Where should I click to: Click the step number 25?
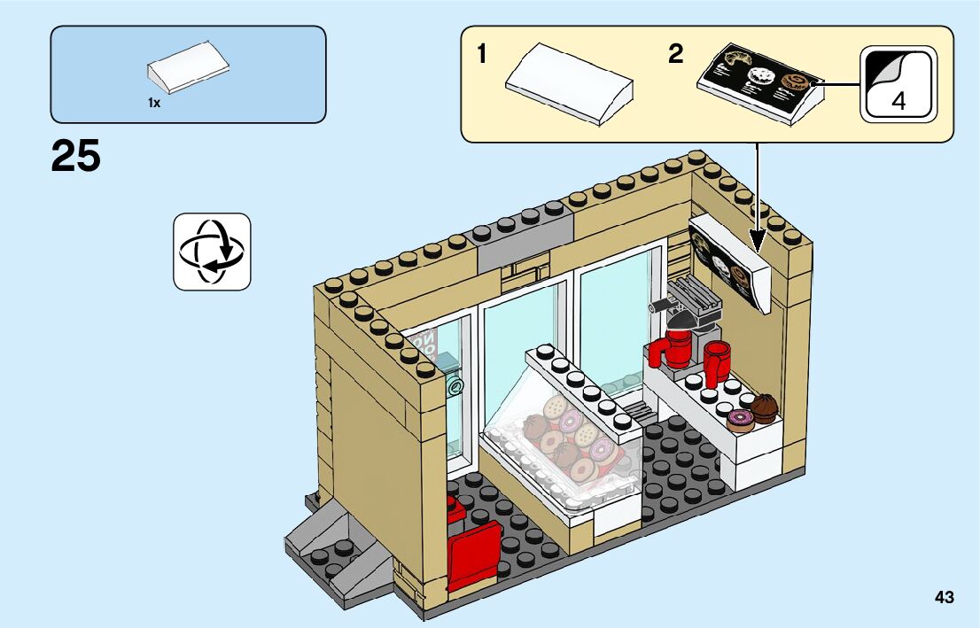[76, 156]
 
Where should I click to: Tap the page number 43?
[944, 598]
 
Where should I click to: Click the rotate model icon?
[212, 252]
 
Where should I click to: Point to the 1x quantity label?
[154, 104]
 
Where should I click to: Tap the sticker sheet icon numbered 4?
[898, 84]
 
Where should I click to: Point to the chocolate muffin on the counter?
[763, 407]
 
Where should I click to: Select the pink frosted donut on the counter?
[739, 419]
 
